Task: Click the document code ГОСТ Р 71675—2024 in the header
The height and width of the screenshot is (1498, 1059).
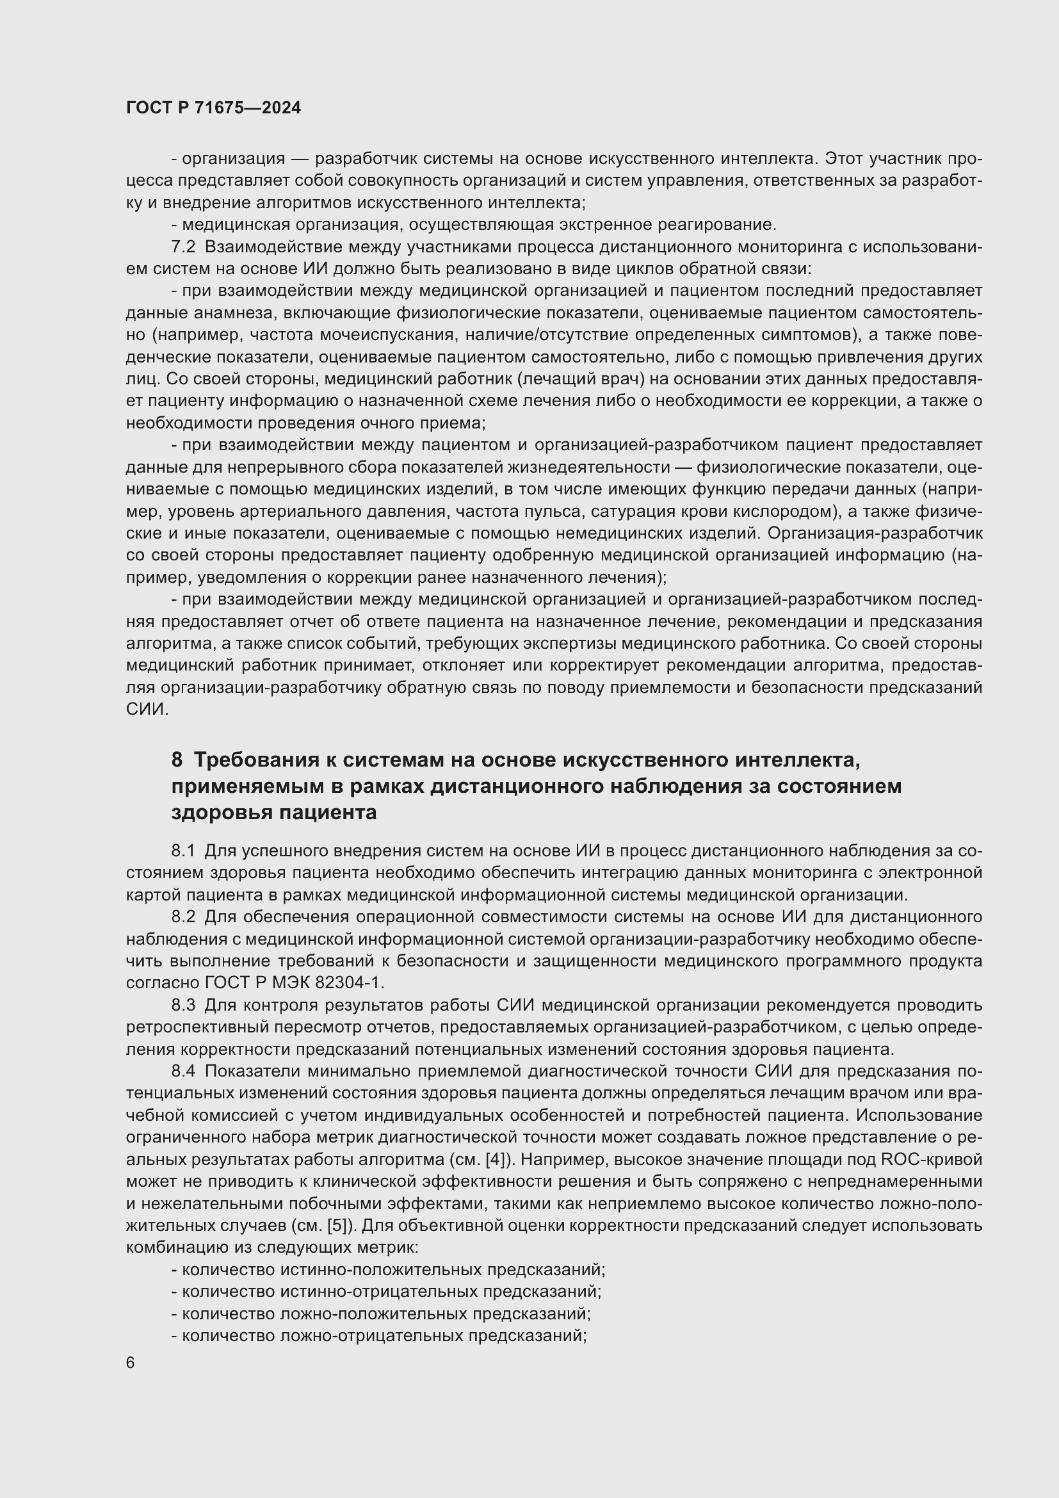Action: pyautogui.click(x=213, y=108)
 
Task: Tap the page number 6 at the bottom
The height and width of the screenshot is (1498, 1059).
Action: pyautogui.click(x=131, y=1363)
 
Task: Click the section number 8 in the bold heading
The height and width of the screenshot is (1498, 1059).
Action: pyautogui.click(x=177, y=760)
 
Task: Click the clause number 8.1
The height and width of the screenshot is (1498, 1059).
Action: pyautogui.click(x=183, y=851)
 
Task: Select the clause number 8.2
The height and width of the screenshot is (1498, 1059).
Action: pyautogui.click(x=183, y=916)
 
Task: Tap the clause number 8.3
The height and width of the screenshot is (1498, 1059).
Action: pyautogui.click(x=183, y=1005)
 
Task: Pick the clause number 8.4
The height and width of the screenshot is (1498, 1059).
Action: pyautogui.click(x=183, y=1071)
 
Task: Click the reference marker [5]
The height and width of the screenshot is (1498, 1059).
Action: pyautogui.click(x=337, y=1225)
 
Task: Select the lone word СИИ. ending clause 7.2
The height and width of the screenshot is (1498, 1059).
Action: pyautogui.click(x=147, y=710)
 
